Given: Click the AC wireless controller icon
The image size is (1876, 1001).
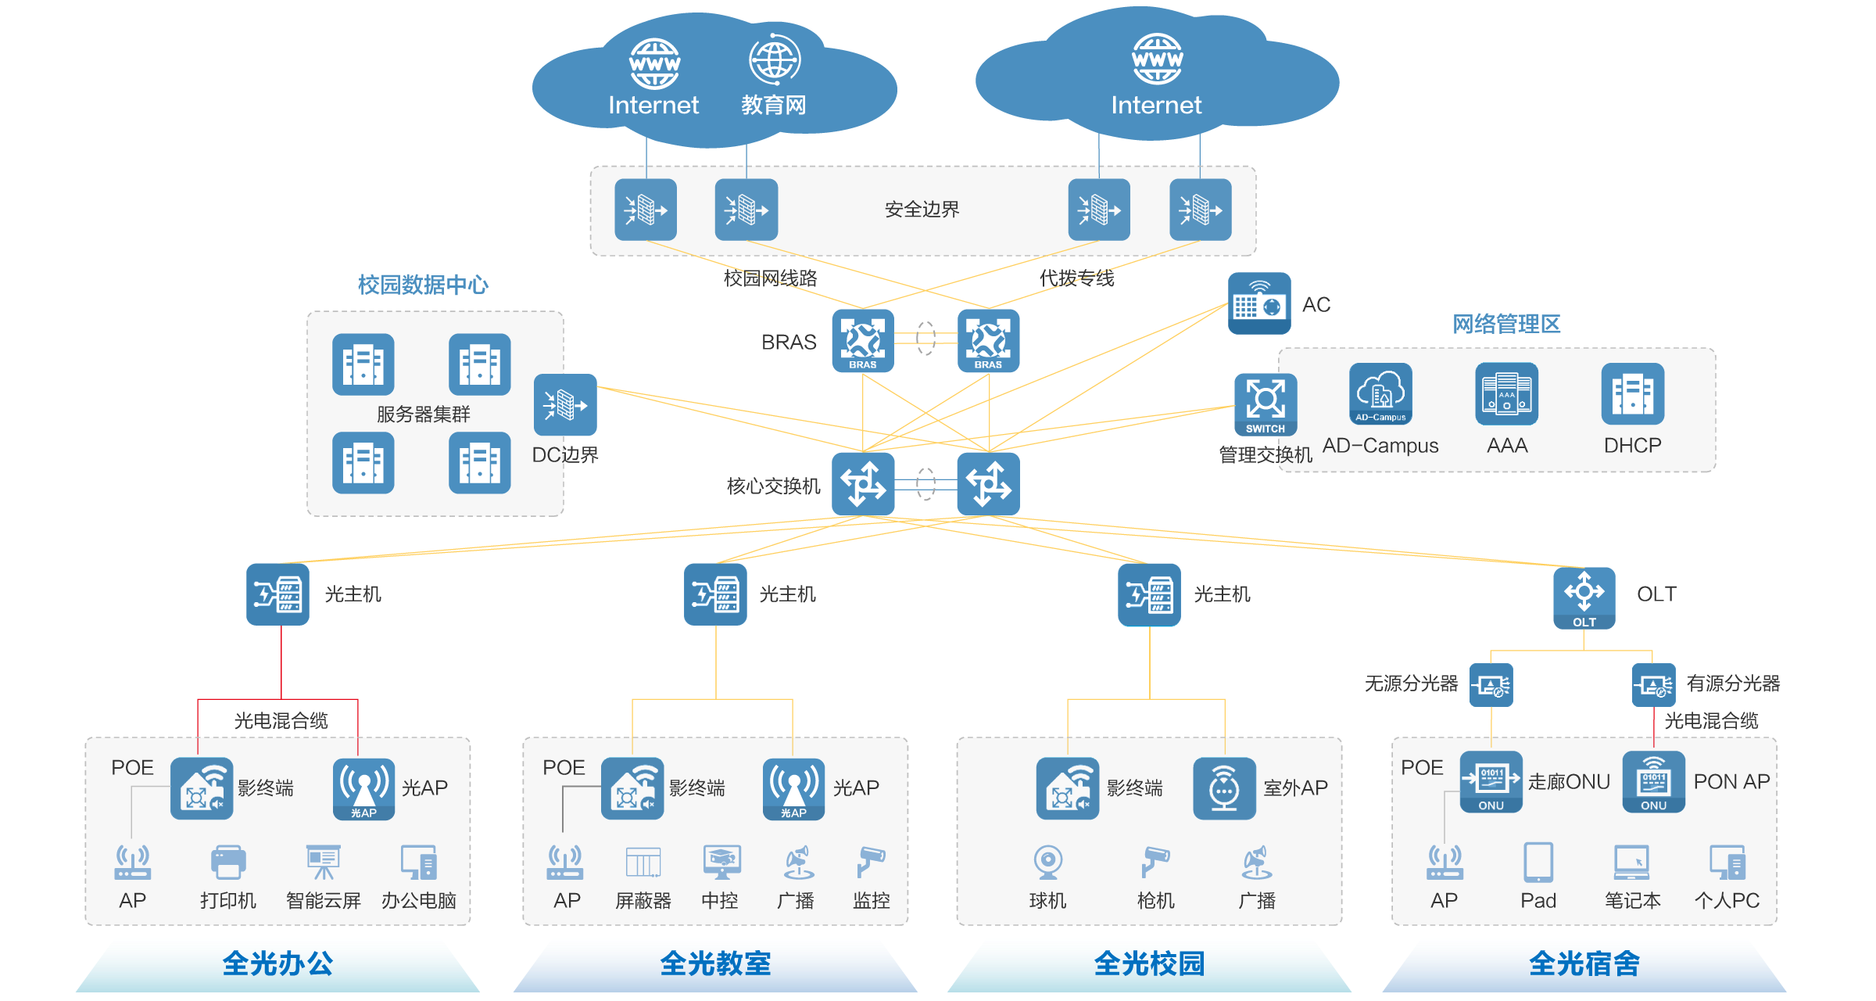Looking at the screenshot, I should pyautogui.click(x=1258, y=303).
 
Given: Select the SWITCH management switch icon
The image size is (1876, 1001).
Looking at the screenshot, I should pyautogui.click(x=1265, y=404).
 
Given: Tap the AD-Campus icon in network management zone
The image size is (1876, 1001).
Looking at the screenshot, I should pyautogui.click(x=1380, y=393).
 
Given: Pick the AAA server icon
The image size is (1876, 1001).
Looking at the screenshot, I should pyautogui.click(x=1506, y=393).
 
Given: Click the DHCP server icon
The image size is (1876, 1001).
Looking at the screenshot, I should pyautogui.click(x=1632, y=393).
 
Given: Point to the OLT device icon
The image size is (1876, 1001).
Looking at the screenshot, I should pyautogui.click(x=1584, y=597).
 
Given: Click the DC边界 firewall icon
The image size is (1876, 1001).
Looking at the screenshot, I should pyautogui.click(x=565, y=404).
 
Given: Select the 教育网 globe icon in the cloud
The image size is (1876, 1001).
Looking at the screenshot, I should pyautogui.click(x=774, y=59).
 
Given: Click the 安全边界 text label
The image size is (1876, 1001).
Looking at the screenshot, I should pyautogui.click(x=922, y=210).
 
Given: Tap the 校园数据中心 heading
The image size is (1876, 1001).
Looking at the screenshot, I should pyautogui.click(x=423, y=285).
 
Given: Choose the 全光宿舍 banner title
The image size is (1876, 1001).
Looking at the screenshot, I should pyautogui.click(x=1584, y=963).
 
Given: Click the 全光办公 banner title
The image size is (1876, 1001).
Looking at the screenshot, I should pyautogui.click(x=277, y=963).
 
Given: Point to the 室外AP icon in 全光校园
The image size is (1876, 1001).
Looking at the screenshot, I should pyautogui.click(x=1224, y=788).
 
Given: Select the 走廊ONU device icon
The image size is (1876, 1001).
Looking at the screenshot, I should pyautogui.click(x=1491, y=781).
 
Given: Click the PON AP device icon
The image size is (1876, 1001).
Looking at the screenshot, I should pyautogui.click(x=1653, y=781).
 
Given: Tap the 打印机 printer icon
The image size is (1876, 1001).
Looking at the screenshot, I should pyautogui.click(x=228, y=863).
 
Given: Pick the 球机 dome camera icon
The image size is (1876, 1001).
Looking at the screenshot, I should pyautogui.click(x=1047, y=862).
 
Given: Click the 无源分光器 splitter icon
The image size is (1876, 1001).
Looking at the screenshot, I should pyautogui.click(x=1491, y=685).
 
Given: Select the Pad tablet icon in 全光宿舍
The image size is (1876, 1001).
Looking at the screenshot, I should pyautogui.click(x=1538, y=862).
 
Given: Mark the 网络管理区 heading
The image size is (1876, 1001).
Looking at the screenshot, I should pyautogui.click(x=1505, y=324).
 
